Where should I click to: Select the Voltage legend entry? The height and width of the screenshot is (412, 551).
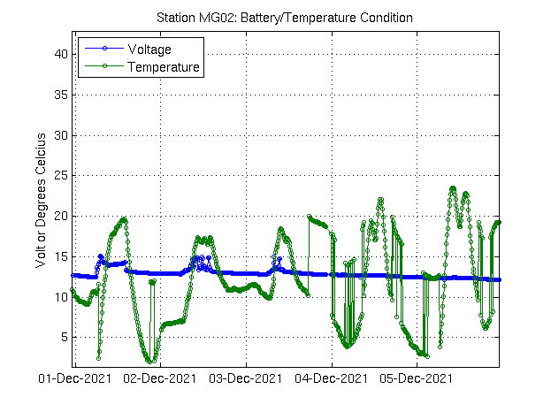[149, 50]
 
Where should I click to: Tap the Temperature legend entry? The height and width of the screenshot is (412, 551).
[164, 66]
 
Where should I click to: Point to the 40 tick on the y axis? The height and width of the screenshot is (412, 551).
[61, 54]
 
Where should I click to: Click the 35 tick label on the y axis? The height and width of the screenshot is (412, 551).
[61, 95]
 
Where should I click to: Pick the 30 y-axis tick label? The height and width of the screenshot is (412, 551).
[61, 135]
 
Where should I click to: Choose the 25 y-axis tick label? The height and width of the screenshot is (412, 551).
[61, 176]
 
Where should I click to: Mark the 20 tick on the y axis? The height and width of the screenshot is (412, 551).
[61, 216]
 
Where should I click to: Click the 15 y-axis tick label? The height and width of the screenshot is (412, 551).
[61, 256]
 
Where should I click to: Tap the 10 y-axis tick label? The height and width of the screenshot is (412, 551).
[61, 297]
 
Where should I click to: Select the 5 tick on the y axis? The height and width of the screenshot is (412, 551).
[64, 338]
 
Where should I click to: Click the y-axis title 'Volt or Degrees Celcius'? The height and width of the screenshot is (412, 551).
[41, 200]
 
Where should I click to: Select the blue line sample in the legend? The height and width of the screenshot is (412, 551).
[103, 50]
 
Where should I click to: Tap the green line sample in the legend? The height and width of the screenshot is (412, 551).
[103, 66]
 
